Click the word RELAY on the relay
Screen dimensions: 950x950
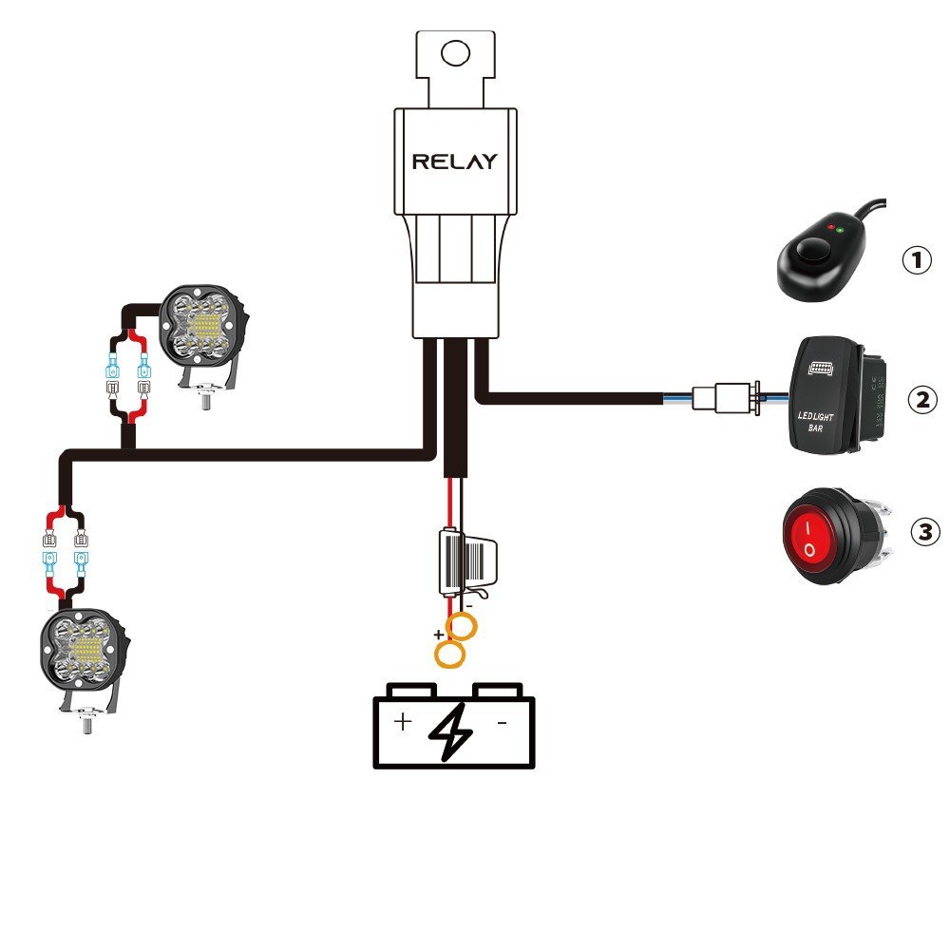click(x=454, y=161)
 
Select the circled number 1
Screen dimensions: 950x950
click(x=916, y=260)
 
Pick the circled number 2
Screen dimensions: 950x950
click(x=921, y=399)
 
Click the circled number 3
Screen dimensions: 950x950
click(x=924, y=532)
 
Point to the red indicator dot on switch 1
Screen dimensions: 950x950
click(x=831, y=229)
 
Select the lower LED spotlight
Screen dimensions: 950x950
click(x=84, y=651)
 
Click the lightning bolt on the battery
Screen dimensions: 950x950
click(x=452, y=730)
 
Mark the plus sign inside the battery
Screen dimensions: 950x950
click(x=403, y=722)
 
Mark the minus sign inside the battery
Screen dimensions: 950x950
click(x=502, y=722)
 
